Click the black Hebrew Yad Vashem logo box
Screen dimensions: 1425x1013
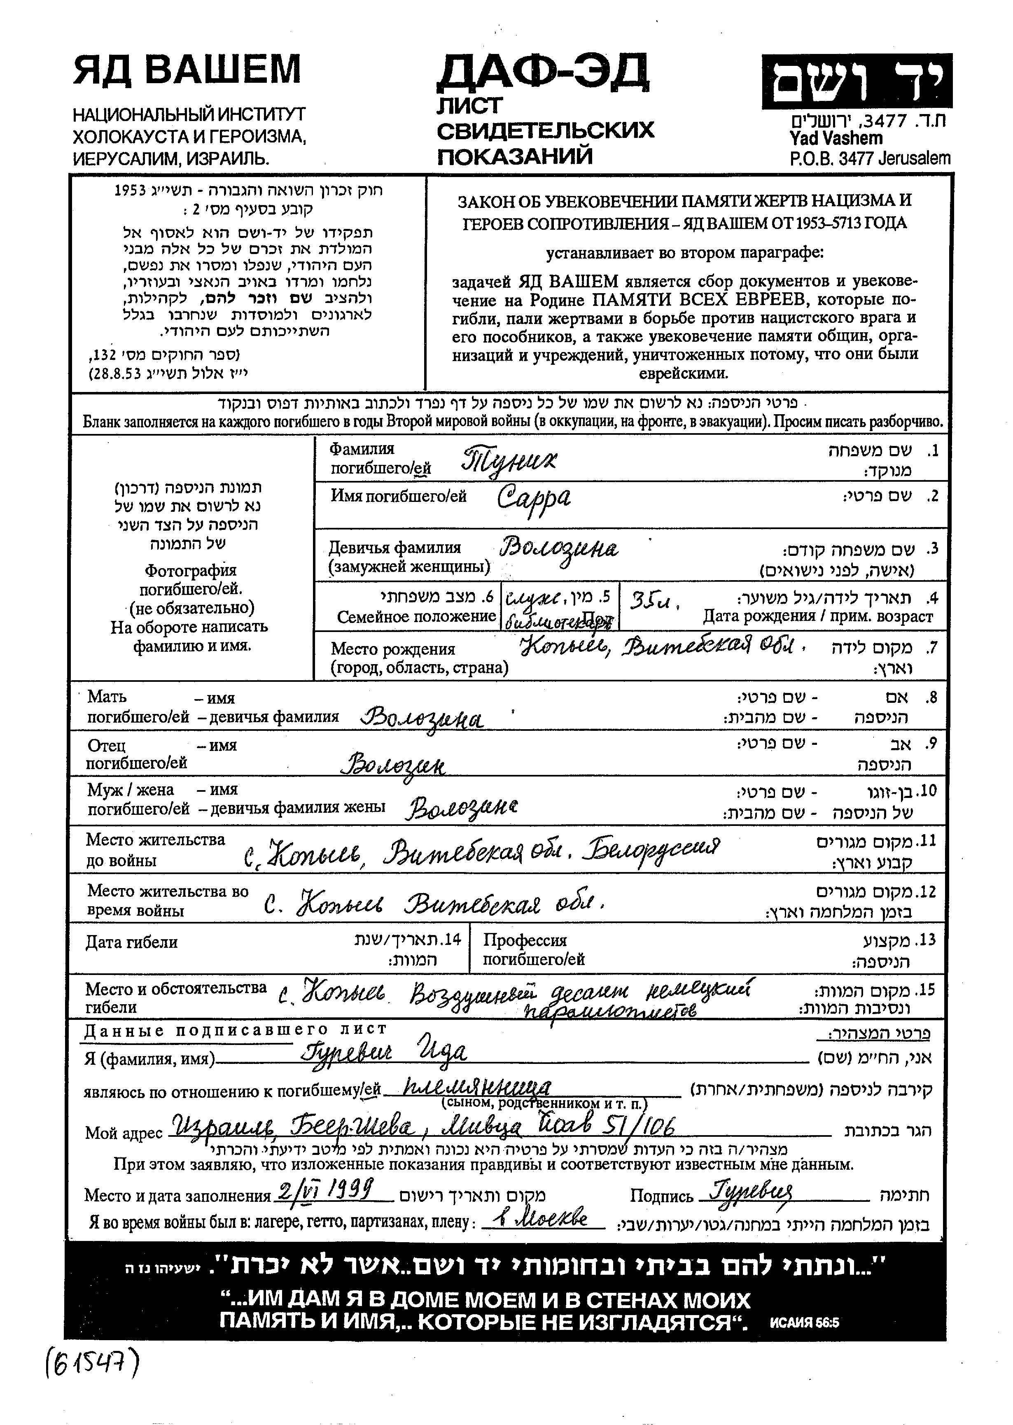[857, 82]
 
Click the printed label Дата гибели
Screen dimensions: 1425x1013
[132, 942]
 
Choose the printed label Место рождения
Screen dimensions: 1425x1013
[393, 649]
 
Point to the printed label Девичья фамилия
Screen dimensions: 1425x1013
[395, 548]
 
